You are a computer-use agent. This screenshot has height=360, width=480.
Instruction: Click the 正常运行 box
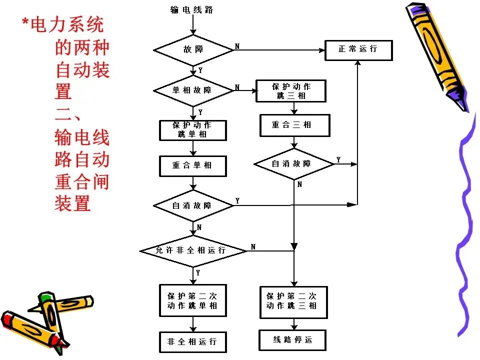(x=358, y=50)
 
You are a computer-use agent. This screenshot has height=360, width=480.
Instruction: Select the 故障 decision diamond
(x=193, y=50)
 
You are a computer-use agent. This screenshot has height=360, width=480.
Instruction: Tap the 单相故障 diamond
(x=193, y=90)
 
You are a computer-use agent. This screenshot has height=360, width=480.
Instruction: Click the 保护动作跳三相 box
(x=290, y=91)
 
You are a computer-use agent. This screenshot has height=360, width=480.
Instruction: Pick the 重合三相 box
(x=294, y=125)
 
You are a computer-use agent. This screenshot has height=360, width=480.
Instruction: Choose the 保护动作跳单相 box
(x=192, y=130)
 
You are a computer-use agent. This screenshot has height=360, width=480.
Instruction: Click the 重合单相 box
(x=192, y=166)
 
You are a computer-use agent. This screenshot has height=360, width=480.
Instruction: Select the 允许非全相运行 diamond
(x=193, y=250)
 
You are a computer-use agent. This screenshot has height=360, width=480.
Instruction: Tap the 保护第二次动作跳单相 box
(x=192, y=300)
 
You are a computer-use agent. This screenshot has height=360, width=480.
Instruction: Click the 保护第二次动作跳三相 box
(x=293, y=302)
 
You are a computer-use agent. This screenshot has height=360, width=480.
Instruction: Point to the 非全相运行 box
(x=192, y=342)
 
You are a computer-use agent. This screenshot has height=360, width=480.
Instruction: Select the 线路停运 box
(x=292, y=340)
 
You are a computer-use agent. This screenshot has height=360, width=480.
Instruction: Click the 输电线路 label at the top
(x=191, y=9)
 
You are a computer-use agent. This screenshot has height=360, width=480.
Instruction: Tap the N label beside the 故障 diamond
(x=237, y=46)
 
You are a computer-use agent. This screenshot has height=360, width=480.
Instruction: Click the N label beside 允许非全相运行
(x=253, y=246)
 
